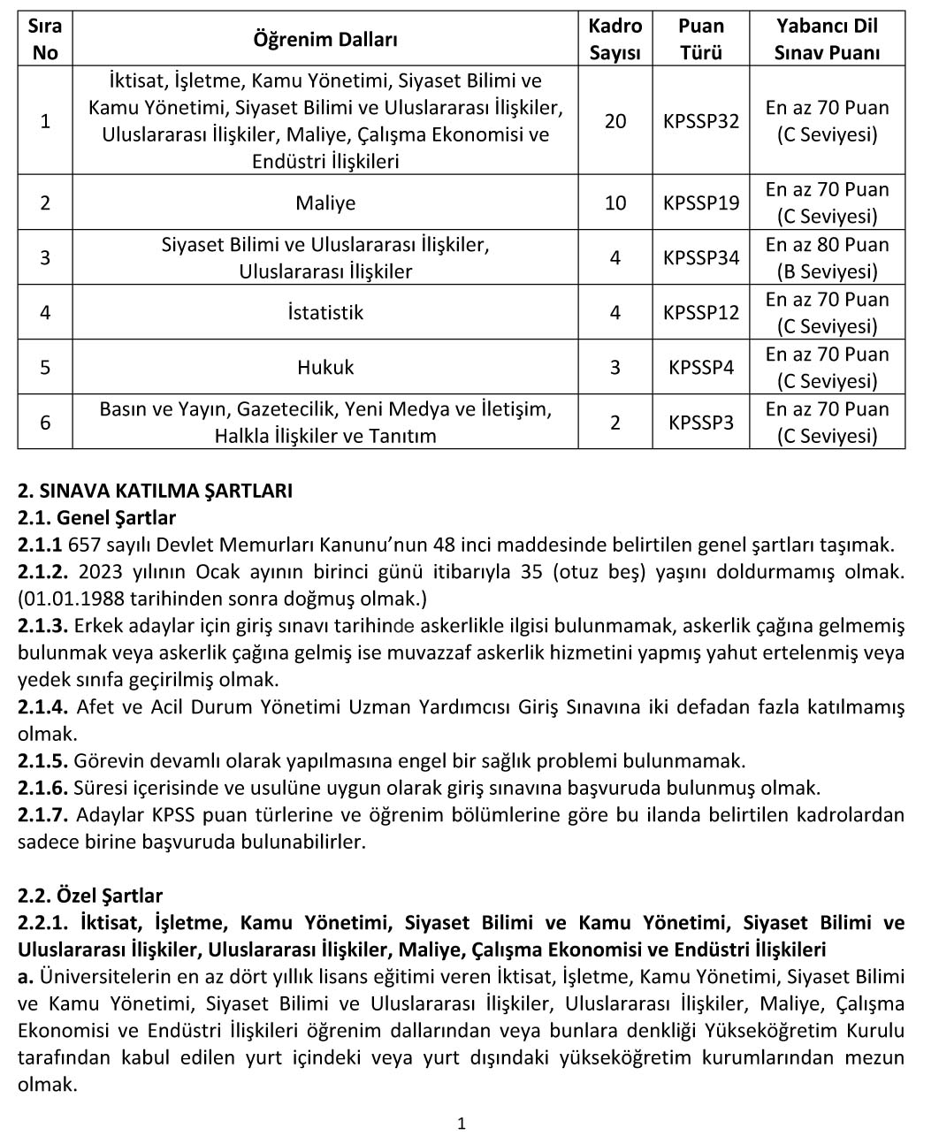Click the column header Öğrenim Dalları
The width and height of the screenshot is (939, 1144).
click(325, 40)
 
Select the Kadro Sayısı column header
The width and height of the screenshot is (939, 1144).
click(615, 40)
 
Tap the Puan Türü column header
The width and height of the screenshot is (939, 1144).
click(700, 40)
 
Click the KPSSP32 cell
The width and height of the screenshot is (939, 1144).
click(700, 121)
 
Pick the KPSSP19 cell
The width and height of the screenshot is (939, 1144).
click(700, 202)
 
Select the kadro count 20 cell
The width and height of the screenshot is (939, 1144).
click(615, 121)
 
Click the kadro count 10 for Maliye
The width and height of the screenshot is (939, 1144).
click(615, 202)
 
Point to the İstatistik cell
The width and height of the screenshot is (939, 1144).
click(325, 312)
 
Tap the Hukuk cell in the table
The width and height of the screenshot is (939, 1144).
click(325, 367)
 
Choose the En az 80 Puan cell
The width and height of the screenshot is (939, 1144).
click(827, 245)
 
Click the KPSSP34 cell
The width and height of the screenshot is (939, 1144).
click(700, 257)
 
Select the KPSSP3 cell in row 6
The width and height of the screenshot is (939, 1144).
click(700, 423)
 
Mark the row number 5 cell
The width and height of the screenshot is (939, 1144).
click(45, 367)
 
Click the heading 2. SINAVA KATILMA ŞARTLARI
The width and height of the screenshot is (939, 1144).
click(155, 491)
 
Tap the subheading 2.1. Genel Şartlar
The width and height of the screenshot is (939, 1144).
click(96, 518)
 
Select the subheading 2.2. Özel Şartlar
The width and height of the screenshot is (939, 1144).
click(90, 896)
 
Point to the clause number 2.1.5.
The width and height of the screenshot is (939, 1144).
click(42, 761)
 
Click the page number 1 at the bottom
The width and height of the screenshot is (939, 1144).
click(462, 1124)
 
